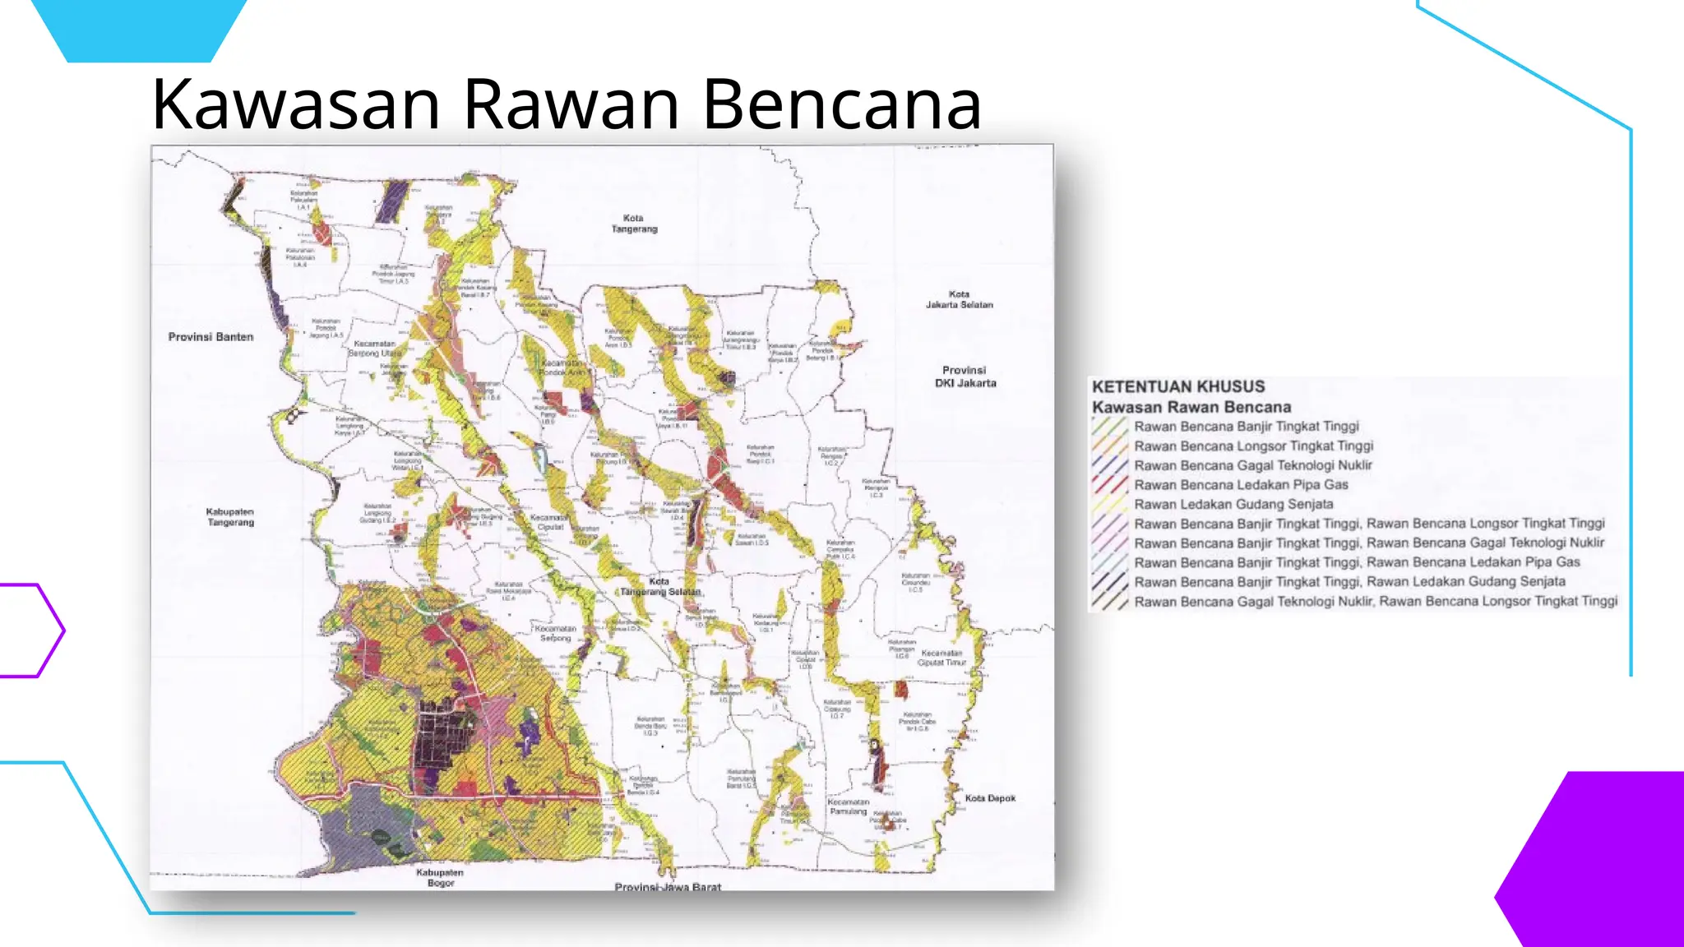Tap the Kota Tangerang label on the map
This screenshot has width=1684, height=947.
(x=634, y=224)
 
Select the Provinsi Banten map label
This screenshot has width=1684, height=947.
(x=210, y=337)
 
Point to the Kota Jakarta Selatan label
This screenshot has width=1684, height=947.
(x=959, y=299)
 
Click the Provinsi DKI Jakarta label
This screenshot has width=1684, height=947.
(x=965, y=376)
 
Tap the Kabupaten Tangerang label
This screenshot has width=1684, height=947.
(x=230, y=517)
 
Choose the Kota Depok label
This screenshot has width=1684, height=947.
(x=990, y=798)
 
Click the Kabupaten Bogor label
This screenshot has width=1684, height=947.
(x=440, y=877)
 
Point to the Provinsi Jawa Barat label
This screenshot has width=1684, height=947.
(x=668, y=887)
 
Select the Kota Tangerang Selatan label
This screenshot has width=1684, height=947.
(x=659, y=587)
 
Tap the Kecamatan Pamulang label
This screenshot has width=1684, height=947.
(x=848, y=806)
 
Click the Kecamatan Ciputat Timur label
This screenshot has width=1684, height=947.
(x=941, y=658)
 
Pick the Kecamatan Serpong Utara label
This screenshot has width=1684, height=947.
(x=375, y=349)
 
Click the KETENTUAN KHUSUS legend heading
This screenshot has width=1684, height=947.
(x=1177, y=386)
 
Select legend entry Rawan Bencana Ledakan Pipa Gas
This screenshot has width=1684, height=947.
(x=1241, y=485)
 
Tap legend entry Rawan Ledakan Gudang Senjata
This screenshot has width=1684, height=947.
(x=1233, y=505)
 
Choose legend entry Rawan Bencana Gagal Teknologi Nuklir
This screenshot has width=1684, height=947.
(x=1252, y=465)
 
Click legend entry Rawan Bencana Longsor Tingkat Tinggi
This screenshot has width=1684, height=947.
(x=1253, y=446)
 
